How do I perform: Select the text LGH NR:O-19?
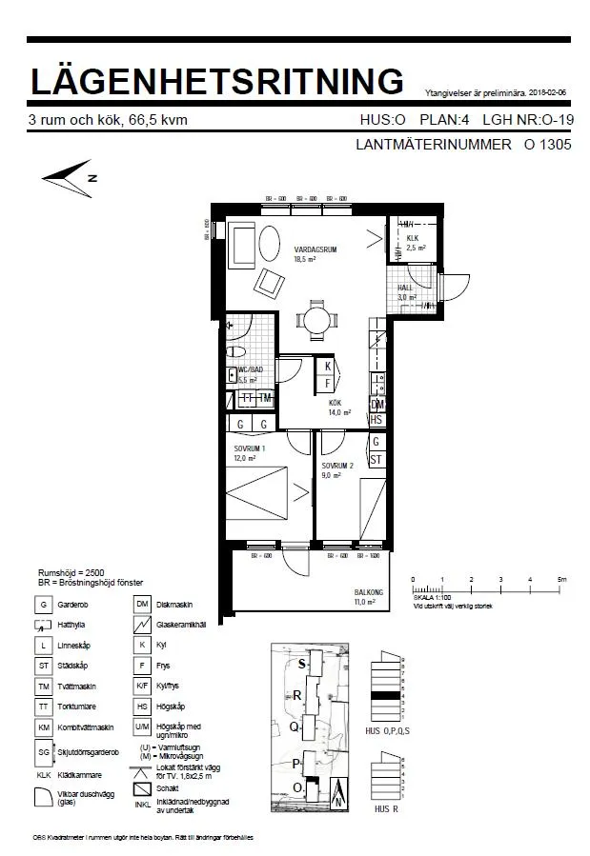tap(527, 121)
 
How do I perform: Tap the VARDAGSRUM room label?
tap(316, 250)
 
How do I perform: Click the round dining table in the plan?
tap(315, 319)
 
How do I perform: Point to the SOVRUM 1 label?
tap(250, 448)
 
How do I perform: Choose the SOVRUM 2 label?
tap(337, 466)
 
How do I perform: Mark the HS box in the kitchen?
tap(376, 419)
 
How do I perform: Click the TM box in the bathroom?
tap(264, 398)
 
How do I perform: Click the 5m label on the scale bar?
tap(562, 579)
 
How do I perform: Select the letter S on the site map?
tap(302, 663)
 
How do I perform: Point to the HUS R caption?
tap(387, 808)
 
